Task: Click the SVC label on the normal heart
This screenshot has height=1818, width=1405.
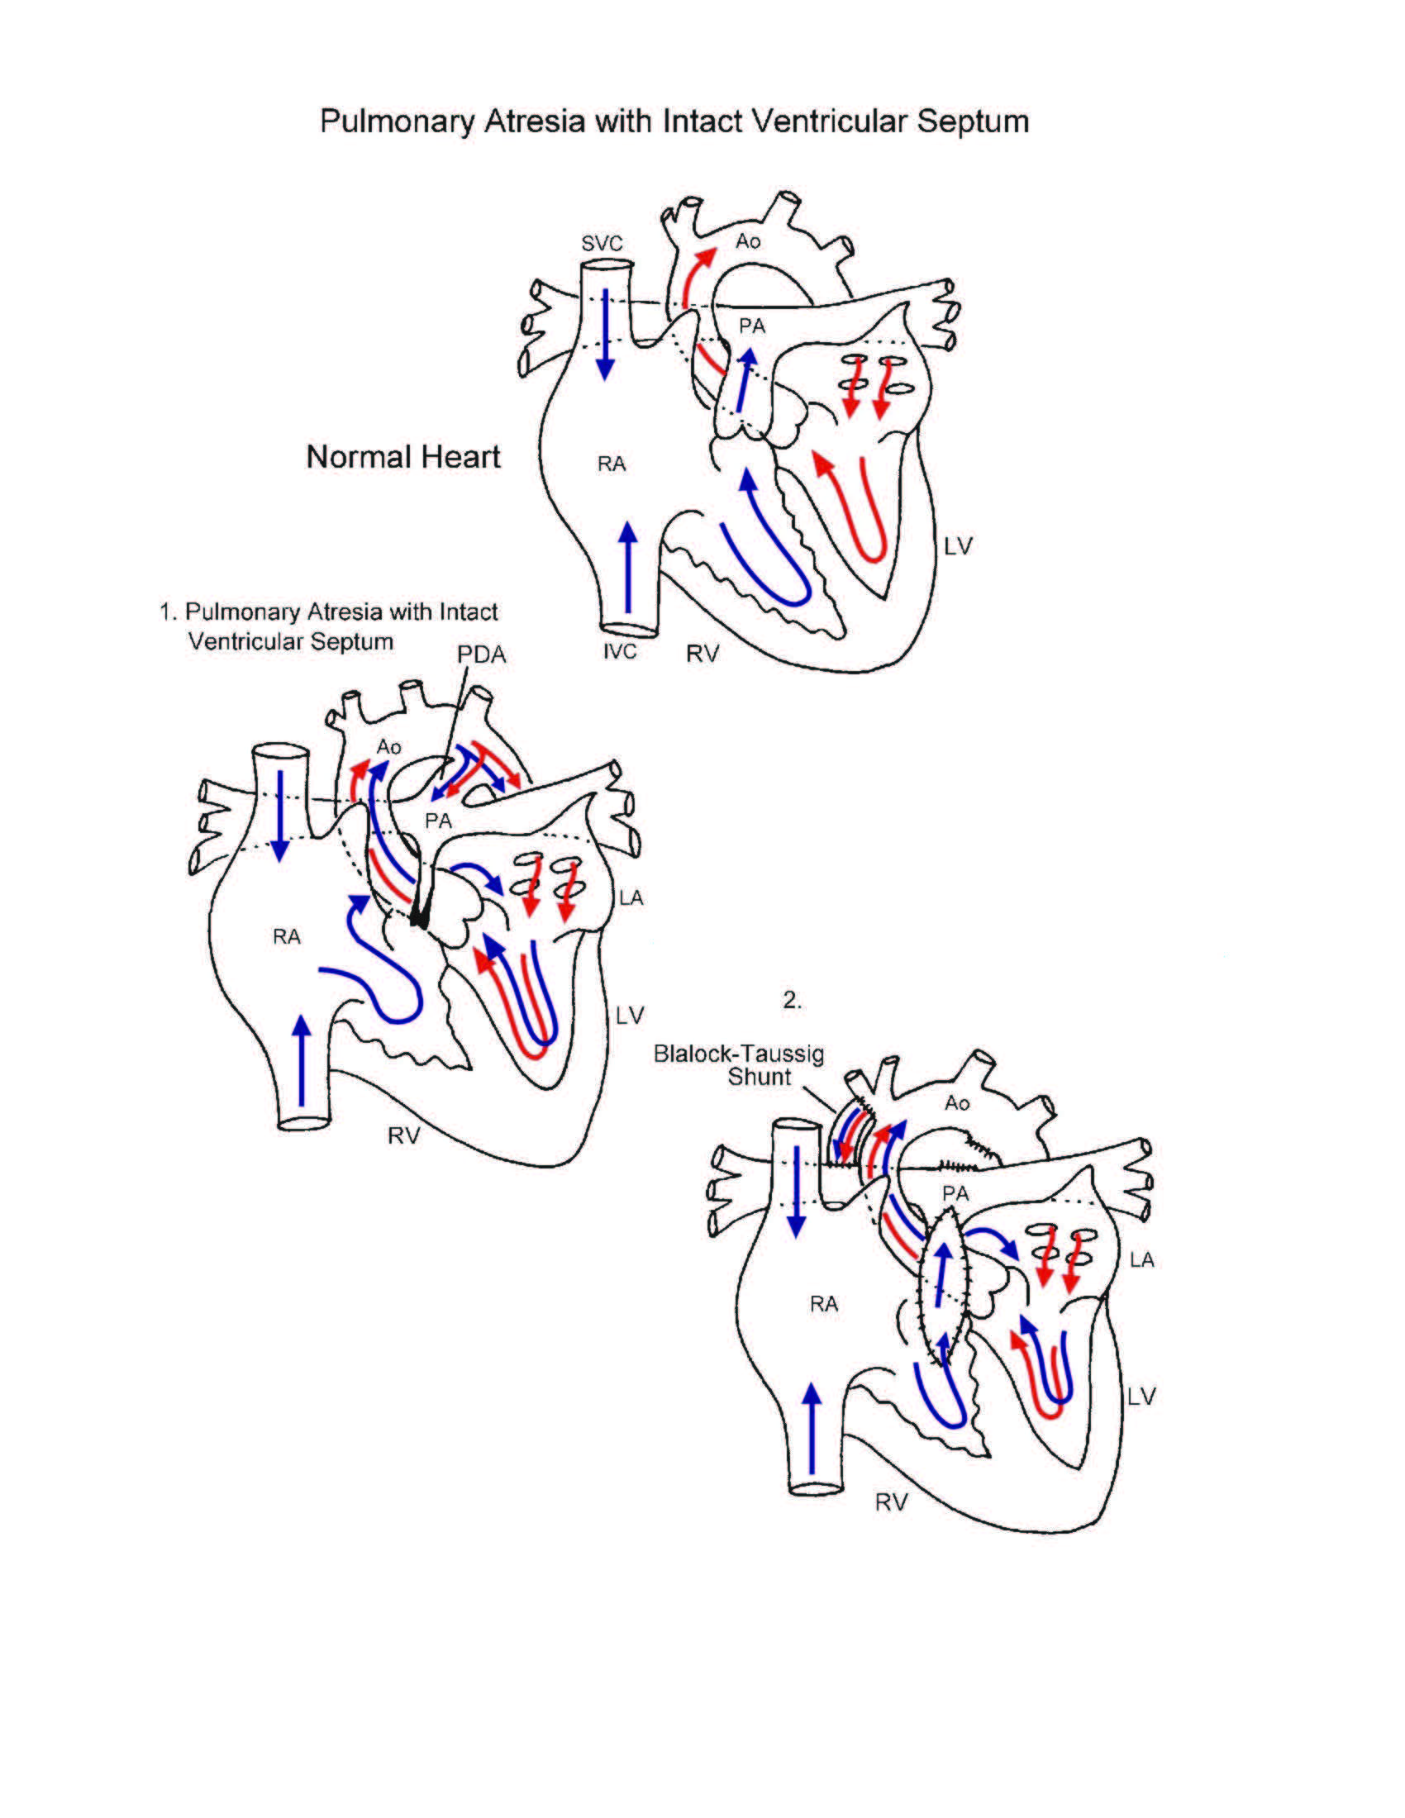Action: pyautogui.click(x=602, y=243)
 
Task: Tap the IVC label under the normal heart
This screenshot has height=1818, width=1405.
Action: pyautogui.click(x=619, y=651)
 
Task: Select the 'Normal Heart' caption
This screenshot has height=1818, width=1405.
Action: pyautogui.click(x=402, y=457)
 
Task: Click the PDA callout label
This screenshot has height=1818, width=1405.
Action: pyautogui.click(x=481, y=655)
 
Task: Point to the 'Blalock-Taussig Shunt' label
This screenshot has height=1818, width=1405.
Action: pyautogui.click(x=739, y=1064)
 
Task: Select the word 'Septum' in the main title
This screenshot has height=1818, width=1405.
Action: pyautogui.click(x=973, y=121)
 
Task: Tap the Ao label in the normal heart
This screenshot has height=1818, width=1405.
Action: pyautogui.click(x=747, y=241)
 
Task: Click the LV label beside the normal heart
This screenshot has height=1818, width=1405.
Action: pyautogui.click(x=958, y=547)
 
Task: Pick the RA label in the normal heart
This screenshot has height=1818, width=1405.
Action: pyautogui.click(x=611, y=464)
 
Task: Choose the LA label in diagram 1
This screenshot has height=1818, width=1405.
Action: pyautogui.click(x=631, y=898)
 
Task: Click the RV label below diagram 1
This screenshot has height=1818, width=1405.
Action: pyautogui.click(x=403, y=1135)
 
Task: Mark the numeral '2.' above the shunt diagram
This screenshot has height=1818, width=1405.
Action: pyautogui.click(x=792, y=1001)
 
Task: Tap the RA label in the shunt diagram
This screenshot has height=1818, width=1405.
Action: pyautogui.click(x=823, y=1304)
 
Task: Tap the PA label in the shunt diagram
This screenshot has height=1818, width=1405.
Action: pyautogui.click(x=955, y=1194)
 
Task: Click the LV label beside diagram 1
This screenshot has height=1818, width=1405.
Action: pyautogui.click(x=630, y=1016)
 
